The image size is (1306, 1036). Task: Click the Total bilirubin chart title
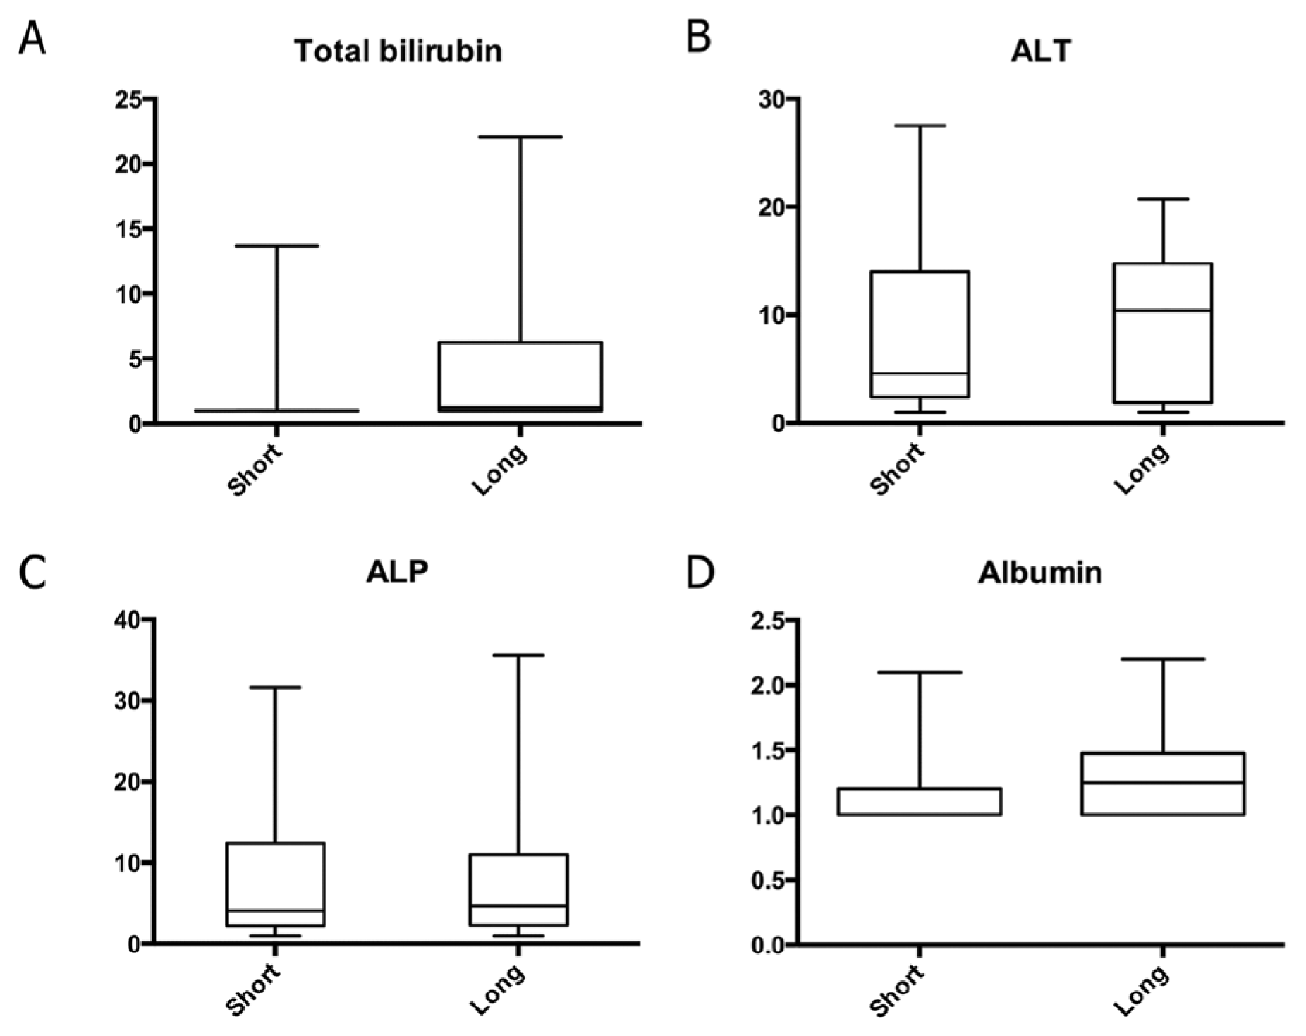398,51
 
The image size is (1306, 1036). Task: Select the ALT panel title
1041,51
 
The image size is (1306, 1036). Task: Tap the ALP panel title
398,572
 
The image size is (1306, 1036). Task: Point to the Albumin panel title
1040,572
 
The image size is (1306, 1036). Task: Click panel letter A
32,38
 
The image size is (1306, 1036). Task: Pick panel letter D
700,573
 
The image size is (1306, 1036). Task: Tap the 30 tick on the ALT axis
774,99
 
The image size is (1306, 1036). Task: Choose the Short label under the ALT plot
897,468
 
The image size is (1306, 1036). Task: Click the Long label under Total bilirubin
499,469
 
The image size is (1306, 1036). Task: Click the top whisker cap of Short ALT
920,126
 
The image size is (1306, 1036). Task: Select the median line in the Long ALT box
1163,310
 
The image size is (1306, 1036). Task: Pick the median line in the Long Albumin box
1163,782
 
